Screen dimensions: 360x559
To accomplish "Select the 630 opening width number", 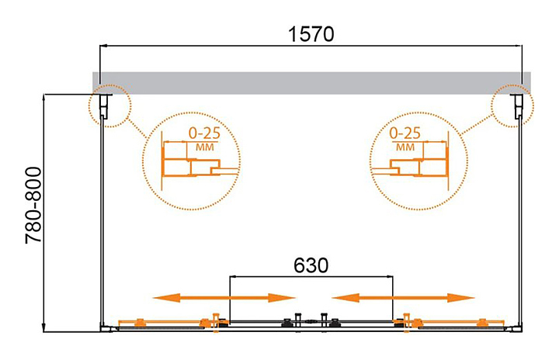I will [311, 265].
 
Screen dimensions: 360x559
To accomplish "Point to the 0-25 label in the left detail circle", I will [204, 133].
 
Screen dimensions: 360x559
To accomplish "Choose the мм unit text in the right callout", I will [404, 146].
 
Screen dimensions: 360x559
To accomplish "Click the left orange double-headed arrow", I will [224, 298].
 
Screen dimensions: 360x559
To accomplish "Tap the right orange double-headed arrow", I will [403, 298].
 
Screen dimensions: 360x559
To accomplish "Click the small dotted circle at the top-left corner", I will [108, 105].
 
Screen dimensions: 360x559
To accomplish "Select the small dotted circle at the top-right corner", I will [512, 105].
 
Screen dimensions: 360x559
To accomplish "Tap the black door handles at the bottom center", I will [311, 320].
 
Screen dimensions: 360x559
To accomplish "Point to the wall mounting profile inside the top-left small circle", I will [109, 106].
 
